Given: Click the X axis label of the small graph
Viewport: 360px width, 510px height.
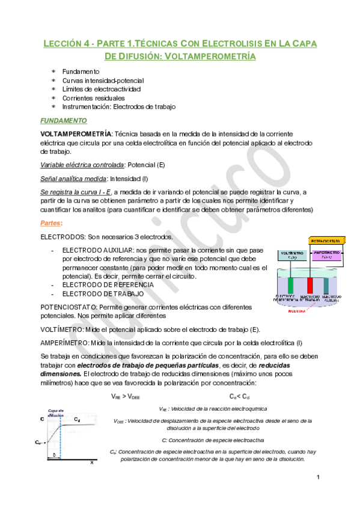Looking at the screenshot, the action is pos(92,462).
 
